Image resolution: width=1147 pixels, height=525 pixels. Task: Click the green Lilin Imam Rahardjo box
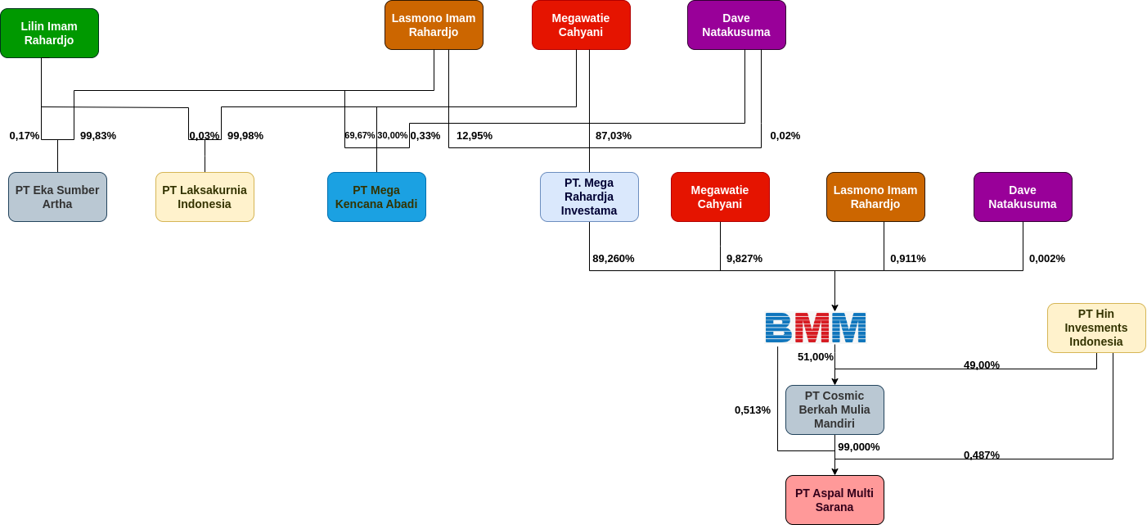(49, 33)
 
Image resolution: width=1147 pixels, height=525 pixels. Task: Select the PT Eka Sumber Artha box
(57, 197)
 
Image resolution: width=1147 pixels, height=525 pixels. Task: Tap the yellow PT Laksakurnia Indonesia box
(205, 197)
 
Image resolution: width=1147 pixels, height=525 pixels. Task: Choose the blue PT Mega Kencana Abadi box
(376, 197)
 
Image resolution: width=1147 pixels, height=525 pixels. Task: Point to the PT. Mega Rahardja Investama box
(589, 197)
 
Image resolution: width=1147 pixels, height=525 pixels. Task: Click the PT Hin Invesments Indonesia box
(1096, 328)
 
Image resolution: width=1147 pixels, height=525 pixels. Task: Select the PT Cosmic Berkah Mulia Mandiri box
(834, 410)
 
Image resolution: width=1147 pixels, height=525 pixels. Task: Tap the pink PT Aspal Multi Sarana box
(834, 500)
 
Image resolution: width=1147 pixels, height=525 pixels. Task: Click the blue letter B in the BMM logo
(779, 328)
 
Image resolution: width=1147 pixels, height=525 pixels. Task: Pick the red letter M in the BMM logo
(812, 328)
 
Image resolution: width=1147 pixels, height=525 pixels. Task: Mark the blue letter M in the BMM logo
(849, 328)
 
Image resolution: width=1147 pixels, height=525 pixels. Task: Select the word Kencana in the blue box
(358, 204)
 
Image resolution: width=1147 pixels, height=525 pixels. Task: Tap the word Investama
(589, 210)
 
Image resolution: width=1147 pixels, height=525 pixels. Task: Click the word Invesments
(1096, 328)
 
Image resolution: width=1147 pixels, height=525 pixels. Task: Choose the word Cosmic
(845, 396)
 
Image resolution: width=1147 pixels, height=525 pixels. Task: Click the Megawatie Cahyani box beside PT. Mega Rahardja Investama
(720, 197)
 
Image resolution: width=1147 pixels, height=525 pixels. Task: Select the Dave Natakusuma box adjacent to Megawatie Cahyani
(736, 25)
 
